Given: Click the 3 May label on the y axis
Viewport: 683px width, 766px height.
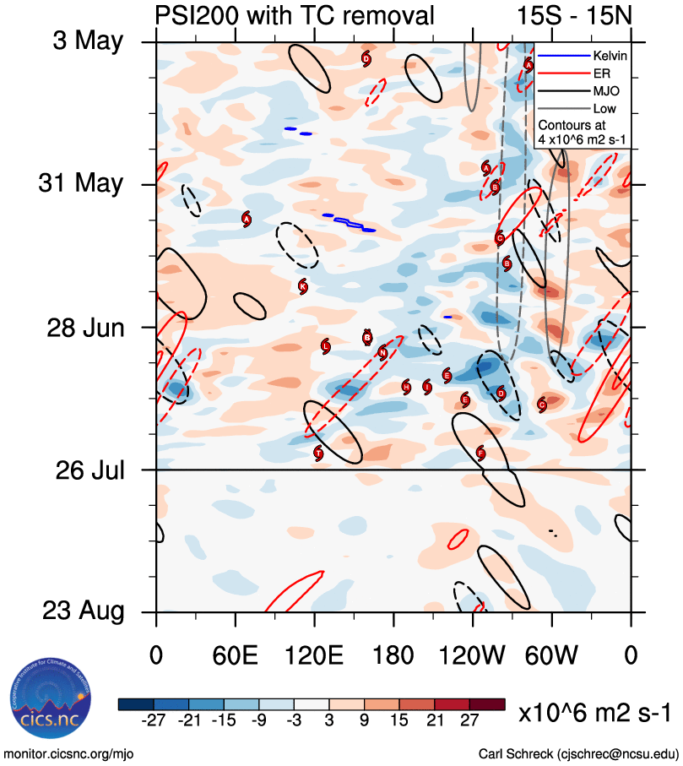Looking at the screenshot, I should point(88,42).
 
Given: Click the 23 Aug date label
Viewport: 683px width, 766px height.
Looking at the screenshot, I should point(82,611).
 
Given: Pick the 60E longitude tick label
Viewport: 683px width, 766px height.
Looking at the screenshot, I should point(236,655).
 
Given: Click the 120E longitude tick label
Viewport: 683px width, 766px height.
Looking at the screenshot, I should point(315,655).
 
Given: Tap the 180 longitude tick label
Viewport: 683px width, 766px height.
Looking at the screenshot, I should point(394,655).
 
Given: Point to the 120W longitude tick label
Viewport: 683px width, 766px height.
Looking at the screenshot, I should point(473,655).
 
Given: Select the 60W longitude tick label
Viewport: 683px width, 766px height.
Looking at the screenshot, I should point(552,655).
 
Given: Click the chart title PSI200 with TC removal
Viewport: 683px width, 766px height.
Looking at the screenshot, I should point(295,15).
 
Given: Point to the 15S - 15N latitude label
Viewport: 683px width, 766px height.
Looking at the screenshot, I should point(573,15).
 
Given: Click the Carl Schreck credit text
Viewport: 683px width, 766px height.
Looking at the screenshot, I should point(578,752).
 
